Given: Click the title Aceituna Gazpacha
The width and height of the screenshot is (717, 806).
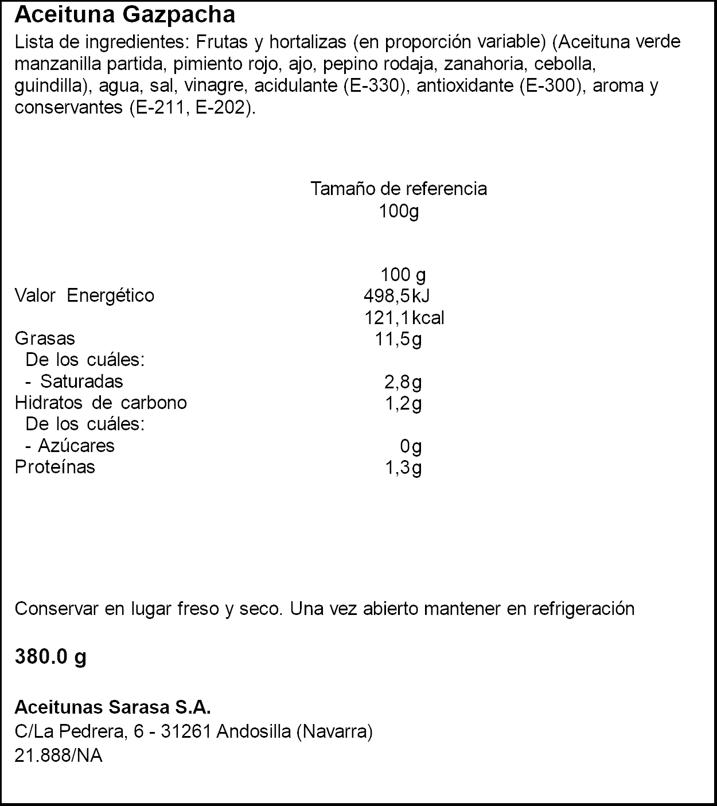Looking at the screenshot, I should coord(124,15).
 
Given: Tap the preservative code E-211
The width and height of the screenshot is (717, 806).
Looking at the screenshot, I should coord(158,107).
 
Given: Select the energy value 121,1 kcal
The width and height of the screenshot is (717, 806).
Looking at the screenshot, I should coord(404,318).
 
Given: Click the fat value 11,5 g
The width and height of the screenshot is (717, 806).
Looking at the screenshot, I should coord(398,339).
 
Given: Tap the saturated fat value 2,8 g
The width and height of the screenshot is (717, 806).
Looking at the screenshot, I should coord(403,382).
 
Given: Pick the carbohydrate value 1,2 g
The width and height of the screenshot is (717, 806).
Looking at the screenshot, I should coord(403,403).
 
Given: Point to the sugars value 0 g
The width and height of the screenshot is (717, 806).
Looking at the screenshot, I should coord(411,446).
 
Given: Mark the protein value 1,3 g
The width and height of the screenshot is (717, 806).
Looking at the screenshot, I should coord(403,468).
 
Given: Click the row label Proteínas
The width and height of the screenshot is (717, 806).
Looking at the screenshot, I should coord(55,467).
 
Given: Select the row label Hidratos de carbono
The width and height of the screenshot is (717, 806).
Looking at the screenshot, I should coord(101,403).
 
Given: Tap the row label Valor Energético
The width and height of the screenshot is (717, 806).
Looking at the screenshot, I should coord(84,296).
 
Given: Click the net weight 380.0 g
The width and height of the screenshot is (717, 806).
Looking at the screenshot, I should coord(50,656).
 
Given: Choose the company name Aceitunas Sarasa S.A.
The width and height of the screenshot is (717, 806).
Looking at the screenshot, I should coord(112,707).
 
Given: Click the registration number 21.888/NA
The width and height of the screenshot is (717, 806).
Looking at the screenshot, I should coord(59,756).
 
